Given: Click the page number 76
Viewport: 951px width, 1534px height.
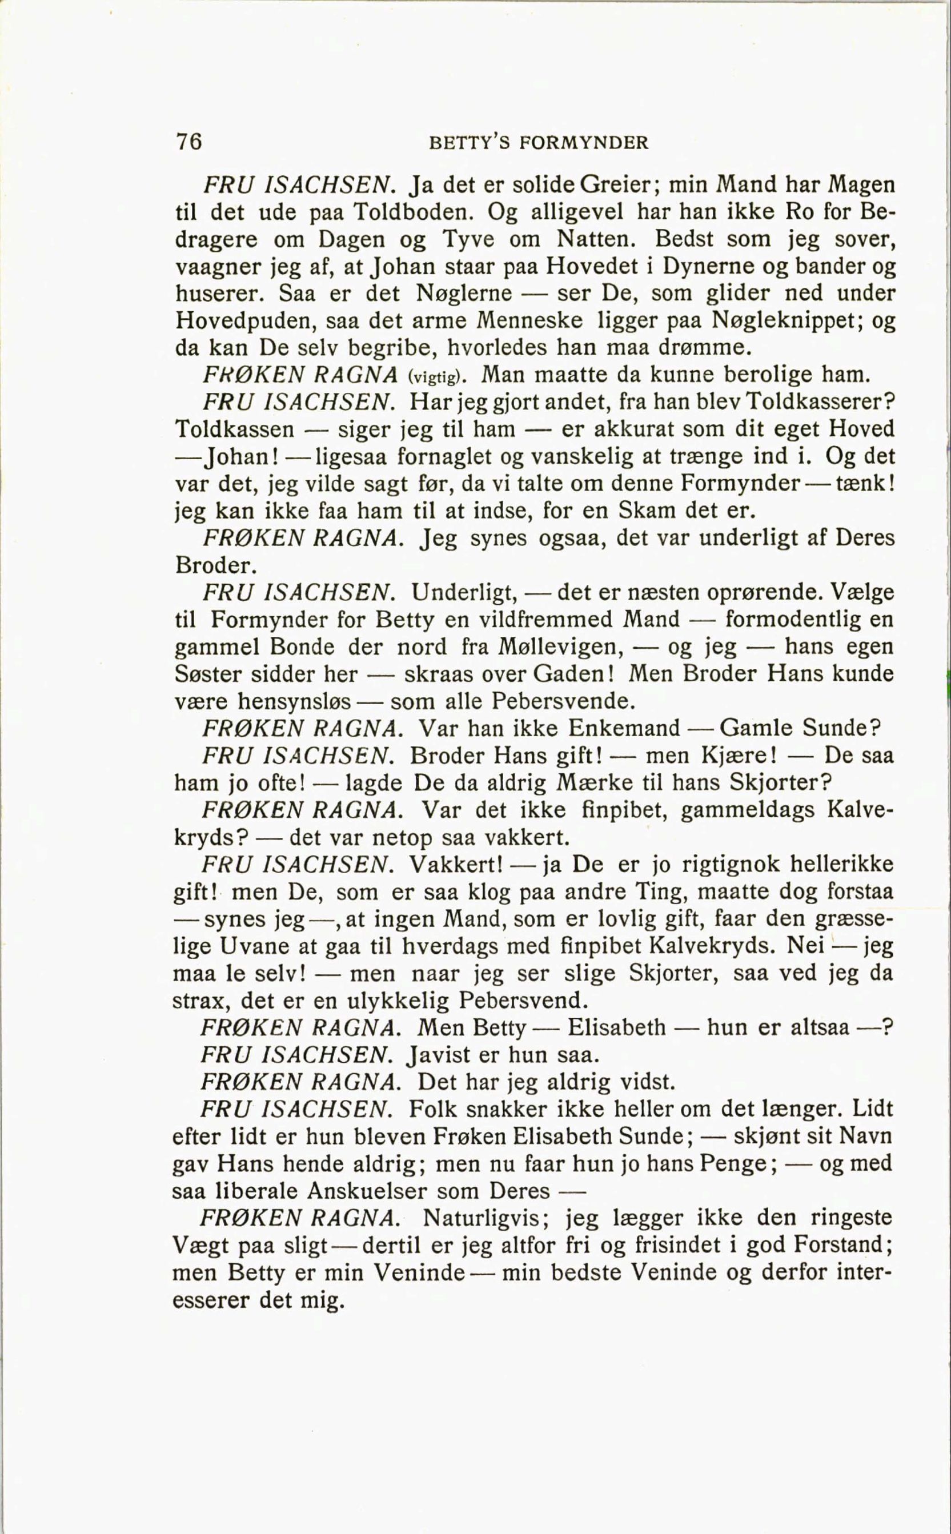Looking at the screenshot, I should pos(188,142).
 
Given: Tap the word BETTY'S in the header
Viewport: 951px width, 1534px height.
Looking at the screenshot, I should pos(469,143).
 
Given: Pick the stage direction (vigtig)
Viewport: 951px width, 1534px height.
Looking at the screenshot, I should pos(437,377).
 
